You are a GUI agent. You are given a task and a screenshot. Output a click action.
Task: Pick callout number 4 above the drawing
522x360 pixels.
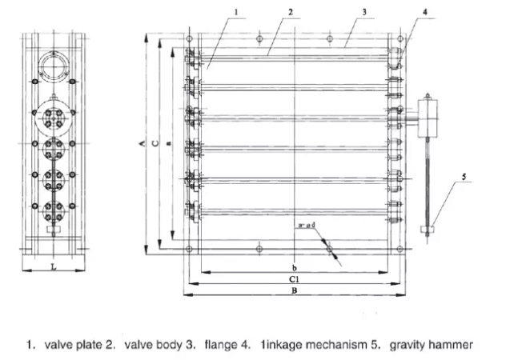point(427,12)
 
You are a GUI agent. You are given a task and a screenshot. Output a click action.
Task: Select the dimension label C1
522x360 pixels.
point(295,279)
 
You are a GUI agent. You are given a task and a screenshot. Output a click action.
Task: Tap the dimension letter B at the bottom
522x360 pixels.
point(295,293)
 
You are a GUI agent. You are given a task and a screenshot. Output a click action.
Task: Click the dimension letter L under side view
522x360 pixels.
point(53,266)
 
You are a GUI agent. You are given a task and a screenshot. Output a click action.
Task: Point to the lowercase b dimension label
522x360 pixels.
point(295,266)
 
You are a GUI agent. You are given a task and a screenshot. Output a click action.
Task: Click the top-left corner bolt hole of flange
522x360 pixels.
point(187,38)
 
